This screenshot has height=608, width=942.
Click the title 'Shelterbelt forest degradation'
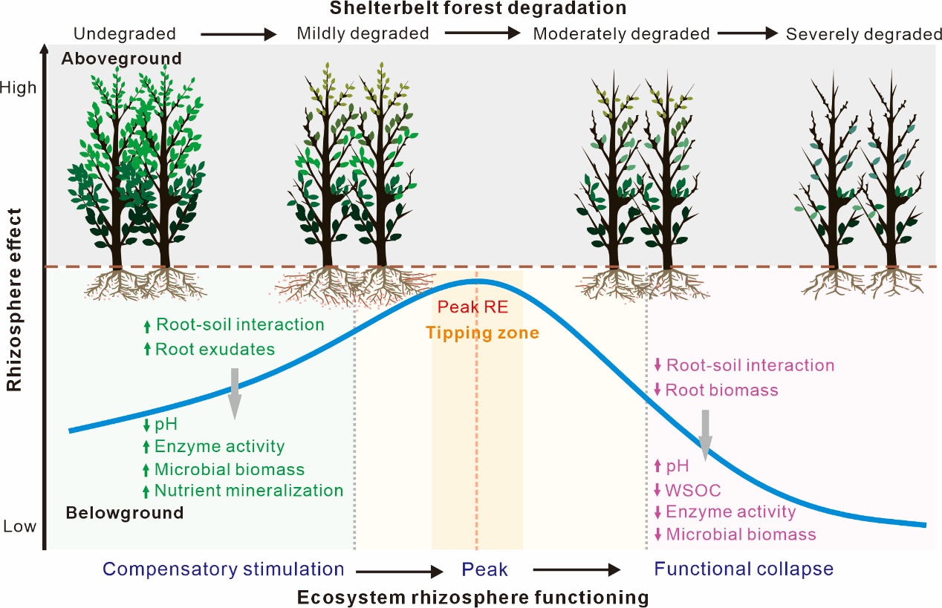coord(478,8)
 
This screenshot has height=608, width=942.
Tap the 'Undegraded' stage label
coord(125,33)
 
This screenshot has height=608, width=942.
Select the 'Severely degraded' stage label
coord(864,34)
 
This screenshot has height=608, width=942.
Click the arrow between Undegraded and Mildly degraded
coord(238,34)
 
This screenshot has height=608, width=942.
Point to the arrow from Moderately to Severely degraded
coord(747,33)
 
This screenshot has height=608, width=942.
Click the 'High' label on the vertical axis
coord(19,88)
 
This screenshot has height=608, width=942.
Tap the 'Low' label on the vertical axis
coord(19,526)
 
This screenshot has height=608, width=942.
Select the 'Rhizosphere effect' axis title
coord(14,300)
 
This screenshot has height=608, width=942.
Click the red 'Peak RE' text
coord(472,307)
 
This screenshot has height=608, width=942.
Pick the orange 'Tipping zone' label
coord(482,333)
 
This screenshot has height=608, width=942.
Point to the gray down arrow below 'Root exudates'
coord(235,393)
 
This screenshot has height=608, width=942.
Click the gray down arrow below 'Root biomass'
coord(705,435)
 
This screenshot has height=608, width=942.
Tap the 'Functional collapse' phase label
coord(744,569)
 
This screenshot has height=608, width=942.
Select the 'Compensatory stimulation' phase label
coord(224,569)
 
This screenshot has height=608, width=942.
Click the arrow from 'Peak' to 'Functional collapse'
coord(576,569)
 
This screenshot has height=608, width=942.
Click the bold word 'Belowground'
coord(125,513)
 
